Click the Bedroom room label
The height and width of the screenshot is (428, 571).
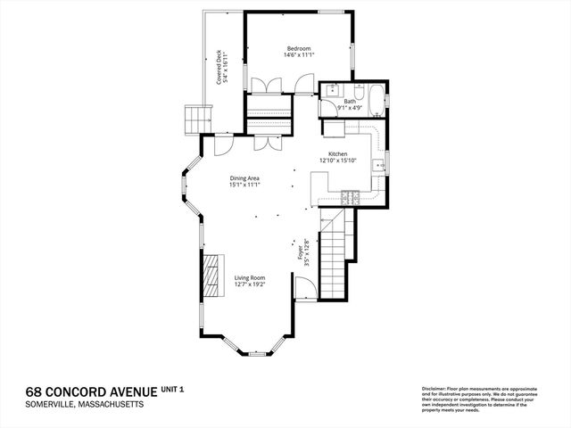click(x=299, y=48)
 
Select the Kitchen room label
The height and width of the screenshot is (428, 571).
click(x=337, y=154)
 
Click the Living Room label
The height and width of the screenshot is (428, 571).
click(x=250, y=279)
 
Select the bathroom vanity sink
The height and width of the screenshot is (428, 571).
click(x=331, y=90)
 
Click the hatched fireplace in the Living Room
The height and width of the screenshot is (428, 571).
click(x=211, y=277)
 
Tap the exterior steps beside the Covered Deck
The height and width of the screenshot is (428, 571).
click(x=195, y=117)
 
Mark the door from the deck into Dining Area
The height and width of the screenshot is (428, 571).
click(x=219, y=143)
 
